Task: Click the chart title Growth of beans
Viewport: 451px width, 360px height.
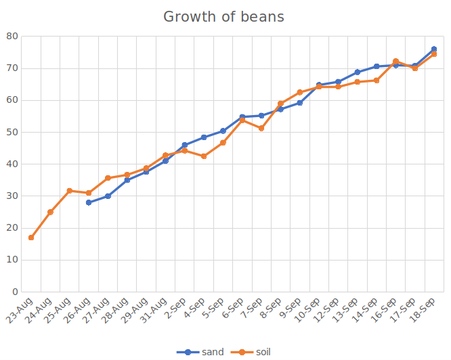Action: coord(223,17)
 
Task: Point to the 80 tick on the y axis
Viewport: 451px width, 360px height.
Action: coord(13,37)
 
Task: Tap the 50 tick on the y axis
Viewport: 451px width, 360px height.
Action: coord(13,132)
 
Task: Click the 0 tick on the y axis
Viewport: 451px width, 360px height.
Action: coord(16,292)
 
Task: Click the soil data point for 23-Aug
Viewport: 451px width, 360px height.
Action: coord(31,238)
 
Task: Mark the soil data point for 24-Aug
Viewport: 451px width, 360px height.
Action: coord(50,212)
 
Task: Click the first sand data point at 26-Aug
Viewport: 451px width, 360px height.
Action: coord(89,202)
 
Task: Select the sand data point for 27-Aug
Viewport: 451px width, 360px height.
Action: coord(108,196)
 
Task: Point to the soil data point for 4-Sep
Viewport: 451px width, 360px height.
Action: coord(204,156)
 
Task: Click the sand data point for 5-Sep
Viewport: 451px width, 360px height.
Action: coord(223,131)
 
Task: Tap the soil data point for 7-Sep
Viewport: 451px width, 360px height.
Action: coord(261,128)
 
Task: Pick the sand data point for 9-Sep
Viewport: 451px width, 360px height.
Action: coord(299,103)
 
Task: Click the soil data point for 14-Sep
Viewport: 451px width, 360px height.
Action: coord(377,81)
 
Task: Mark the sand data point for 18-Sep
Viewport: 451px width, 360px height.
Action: coord(434,49)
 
